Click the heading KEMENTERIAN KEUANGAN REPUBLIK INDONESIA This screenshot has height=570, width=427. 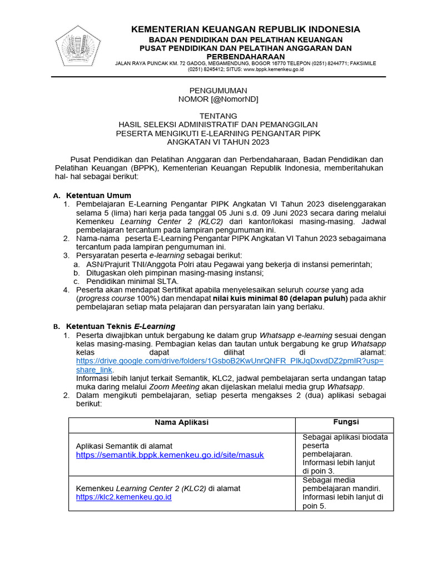[245, 29]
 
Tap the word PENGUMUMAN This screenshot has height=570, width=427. [218, 90]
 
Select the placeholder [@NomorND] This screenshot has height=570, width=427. [234, 99]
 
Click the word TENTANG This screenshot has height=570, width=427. [218, 116]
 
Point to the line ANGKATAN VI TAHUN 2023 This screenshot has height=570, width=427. [218, 142]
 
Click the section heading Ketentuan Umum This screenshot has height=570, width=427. [98, 195]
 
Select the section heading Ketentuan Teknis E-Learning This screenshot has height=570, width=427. [121, 326]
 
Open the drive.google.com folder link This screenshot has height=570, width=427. [230, 361]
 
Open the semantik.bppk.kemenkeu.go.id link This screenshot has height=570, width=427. [170, 455]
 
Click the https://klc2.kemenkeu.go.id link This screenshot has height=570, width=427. [123, 497]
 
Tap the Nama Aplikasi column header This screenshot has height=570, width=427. [181, 422]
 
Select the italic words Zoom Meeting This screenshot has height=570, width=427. [173, 386]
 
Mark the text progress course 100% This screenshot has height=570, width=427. [115, 298]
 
